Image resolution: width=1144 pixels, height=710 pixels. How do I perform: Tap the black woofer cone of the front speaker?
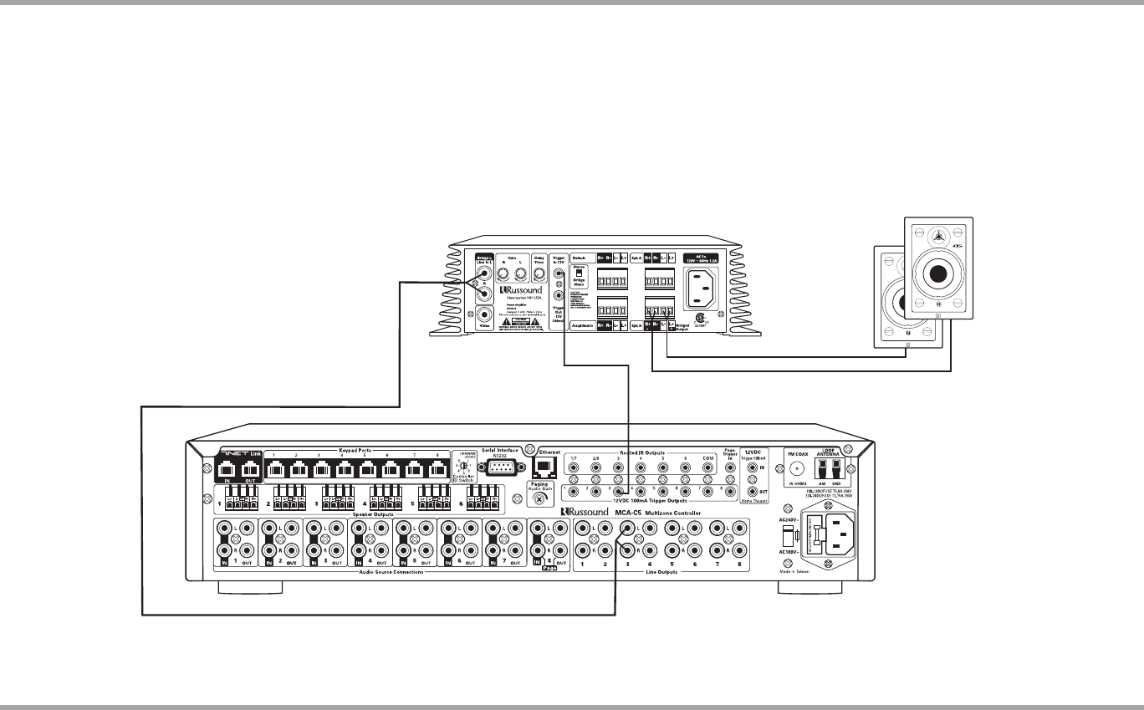tap(937, 274)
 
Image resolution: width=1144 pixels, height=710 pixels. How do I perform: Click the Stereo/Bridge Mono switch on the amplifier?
tap(578, 277)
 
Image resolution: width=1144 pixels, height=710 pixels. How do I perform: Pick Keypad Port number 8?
tap(437, 470)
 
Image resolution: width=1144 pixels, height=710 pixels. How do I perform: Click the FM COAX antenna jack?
tap(797, 470)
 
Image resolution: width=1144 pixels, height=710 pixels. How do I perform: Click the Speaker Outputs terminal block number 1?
tap(242, 504)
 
